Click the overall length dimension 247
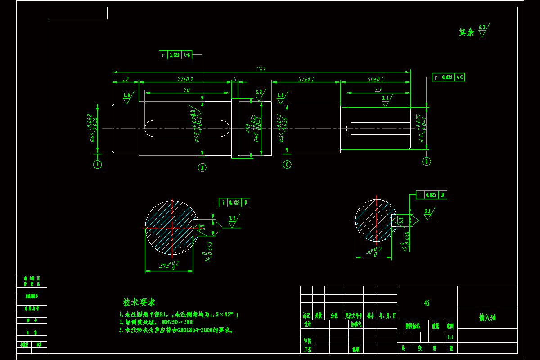coord(261,69)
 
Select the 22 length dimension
coord(125,79)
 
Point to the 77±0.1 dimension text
coord(184,79)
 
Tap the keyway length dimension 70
coord(186,90)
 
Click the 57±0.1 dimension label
coord(306,79)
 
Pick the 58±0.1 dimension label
coord(375,79)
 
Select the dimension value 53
coord(378,90)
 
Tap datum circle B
coord(202,167)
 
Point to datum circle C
coord(287,165)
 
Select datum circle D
coord(427,161)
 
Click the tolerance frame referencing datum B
coord(234,202)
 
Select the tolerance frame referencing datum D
coord(431,195)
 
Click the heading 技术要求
coord(139,302)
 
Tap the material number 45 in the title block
coord(427,303)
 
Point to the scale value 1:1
coord(450,337)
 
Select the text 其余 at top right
coord(466,32)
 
